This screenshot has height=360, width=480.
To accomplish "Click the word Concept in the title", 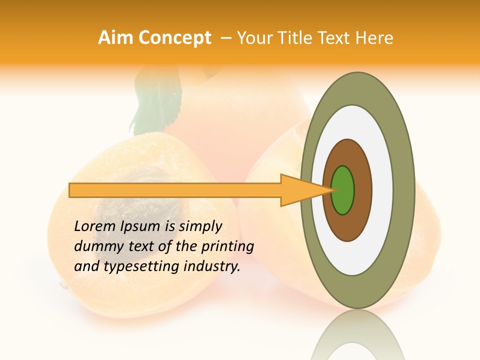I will [x=174, y=38].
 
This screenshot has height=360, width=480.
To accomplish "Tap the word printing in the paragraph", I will [x=227, y=246].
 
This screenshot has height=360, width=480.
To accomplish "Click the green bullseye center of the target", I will [x=343, y=190].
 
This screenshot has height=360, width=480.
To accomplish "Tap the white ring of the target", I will [x=382, y=190].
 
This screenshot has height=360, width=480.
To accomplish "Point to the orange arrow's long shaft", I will [x=175, y=190].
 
